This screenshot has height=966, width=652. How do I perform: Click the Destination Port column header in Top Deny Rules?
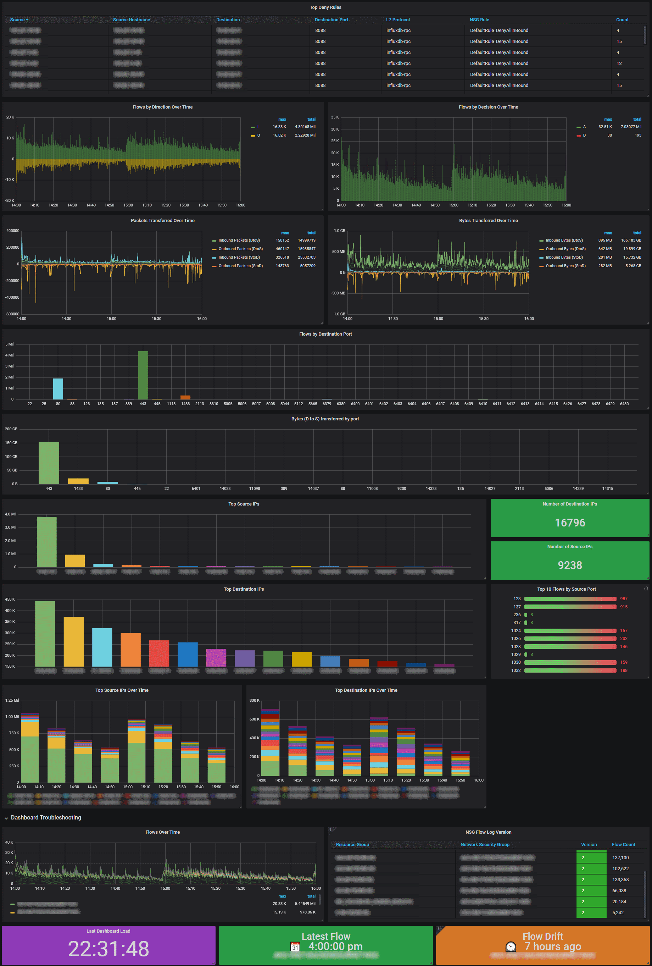pyautogui.click(x=331, y=20)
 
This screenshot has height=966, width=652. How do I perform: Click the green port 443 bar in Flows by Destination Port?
pyautogui.click(x=143, y=375)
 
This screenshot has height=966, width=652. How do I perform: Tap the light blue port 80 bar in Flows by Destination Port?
pyautogui.click(x=58, y=389)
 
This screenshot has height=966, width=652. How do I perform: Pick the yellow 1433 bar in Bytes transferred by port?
pyautogui.click(x=78, y=481)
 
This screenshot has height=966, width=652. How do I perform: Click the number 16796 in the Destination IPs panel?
pyautogui.click(x=570, y=523)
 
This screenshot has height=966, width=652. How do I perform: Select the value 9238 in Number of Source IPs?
pyautogui.click(x=570, y=565)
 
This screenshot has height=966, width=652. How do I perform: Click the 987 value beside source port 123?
pyautogui.click(x=623, y=598)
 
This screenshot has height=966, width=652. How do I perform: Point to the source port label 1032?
pyautogui.click(x=516, y=670)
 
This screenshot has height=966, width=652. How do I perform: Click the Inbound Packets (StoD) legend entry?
pyautogui.click(x=239, y=257)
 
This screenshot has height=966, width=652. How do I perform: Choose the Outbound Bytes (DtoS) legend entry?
pyautogui.click(x=565, y=249)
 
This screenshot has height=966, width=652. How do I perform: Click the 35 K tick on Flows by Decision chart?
pyautogui.click(x=335, y=117)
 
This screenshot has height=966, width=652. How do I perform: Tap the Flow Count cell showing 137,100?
pyautogui.click(x=620, y=857)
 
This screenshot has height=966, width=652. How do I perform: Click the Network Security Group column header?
pyautogui.click(x=485, y=844)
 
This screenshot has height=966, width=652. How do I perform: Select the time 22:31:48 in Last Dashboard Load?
pyautogui.click(x=108, y=949)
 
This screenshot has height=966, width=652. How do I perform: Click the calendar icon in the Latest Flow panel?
pyautogui.click(x=295, y=947)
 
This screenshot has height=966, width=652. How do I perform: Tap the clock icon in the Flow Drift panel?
pyautogui.click(x=511, y=946)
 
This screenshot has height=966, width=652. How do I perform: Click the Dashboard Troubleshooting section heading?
pyautogui.click(x=46, y=817)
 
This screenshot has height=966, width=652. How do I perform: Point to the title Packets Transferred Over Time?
pyautogui.click(x=162, y=220)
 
